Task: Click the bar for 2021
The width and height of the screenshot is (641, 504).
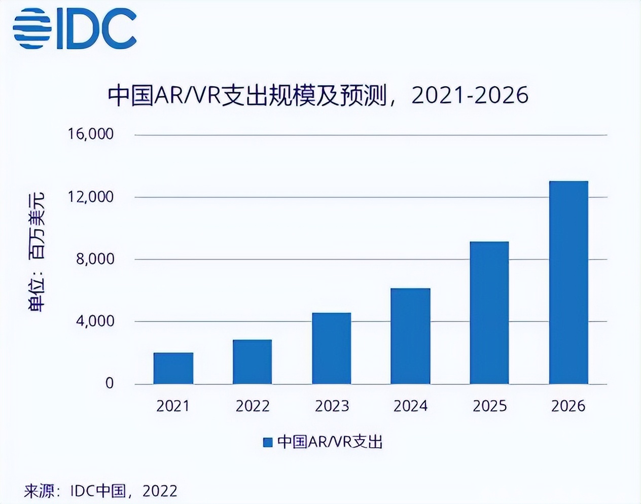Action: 173,369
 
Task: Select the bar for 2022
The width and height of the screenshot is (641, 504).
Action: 253,362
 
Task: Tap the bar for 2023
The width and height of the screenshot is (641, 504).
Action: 332,348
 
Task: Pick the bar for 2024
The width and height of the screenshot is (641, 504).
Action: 411,336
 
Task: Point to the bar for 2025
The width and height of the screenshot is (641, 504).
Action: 489,313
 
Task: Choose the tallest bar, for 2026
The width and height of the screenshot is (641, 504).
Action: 568,282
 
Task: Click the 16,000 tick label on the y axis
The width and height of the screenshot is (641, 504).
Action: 91,134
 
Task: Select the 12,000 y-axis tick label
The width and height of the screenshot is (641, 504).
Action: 91,197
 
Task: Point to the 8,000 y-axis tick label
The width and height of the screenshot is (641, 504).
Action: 95,259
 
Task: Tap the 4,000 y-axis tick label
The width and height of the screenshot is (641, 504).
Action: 95,321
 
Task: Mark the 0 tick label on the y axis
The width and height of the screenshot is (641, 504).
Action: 110,383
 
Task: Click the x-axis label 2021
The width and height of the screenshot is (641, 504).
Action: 173,406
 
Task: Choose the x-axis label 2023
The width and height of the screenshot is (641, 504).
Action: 332,406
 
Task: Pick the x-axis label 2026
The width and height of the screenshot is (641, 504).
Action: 568,406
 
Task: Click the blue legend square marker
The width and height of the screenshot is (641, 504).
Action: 267,442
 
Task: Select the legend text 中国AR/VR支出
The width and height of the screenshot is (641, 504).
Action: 330,442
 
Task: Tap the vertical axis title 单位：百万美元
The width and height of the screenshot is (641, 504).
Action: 37,252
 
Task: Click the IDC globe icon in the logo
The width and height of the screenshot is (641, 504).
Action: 31,29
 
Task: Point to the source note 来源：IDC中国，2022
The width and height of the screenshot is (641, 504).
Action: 100,491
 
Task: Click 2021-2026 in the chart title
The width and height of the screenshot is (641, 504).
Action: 470,95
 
